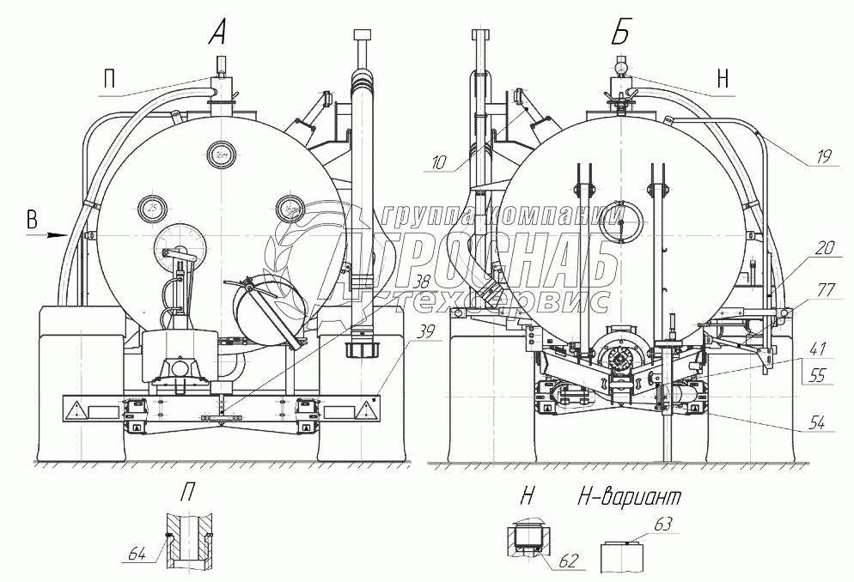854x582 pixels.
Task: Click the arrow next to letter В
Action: tap(57, 233)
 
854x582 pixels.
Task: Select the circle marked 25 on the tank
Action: tap(152, 208)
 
